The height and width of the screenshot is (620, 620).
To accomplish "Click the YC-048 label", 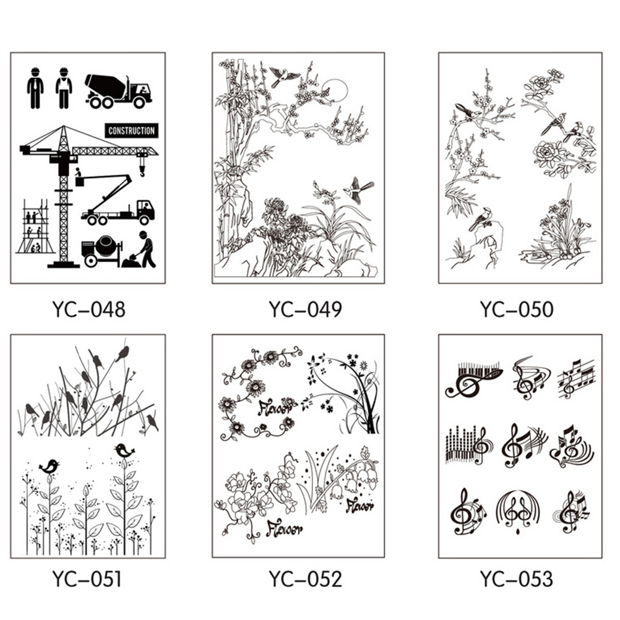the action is coord(88,309).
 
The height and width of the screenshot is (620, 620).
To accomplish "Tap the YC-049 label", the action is coord(305,309).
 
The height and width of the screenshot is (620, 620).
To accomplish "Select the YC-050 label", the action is coord(517,309).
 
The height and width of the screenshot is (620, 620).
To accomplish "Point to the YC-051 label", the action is coord(87,579).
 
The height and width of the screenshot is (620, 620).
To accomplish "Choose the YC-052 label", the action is coord(305,579).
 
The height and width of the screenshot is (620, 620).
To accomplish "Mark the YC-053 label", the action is coord(517,579).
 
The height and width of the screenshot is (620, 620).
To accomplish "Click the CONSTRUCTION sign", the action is coord(132,131).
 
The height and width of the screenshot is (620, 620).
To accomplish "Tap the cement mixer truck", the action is coord(118,92).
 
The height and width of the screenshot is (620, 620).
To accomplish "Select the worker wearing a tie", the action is coord(36,88).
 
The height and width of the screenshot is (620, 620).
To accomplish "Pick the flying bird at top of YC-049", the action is coord(283,76).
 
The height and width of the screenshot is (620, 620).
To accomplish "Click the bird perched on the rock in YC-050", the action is coord(480,220).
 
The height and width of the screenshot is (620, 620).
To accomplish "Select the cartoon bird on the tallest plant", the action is coord(124,450).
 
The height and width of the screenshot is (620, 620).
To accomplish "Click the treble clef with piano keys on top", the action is coord(474,380).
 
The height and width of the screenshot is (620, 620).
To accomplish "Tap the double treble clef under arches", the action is coord(517,512).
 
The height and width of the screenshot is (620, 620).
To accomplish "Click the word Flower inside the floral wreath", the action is coord(277,407).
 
